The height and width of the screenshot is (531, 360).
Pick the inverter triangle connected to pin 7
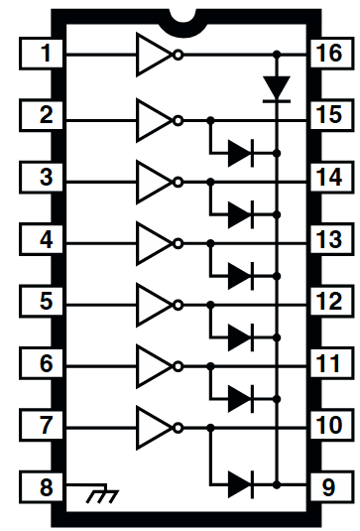click(x=154, y=427)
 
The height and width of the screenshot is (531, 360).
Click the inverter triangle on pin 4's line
click(x=154, y=240)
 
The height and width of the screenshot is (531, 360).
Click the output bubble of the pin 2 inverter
click(x=179, y=120)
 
